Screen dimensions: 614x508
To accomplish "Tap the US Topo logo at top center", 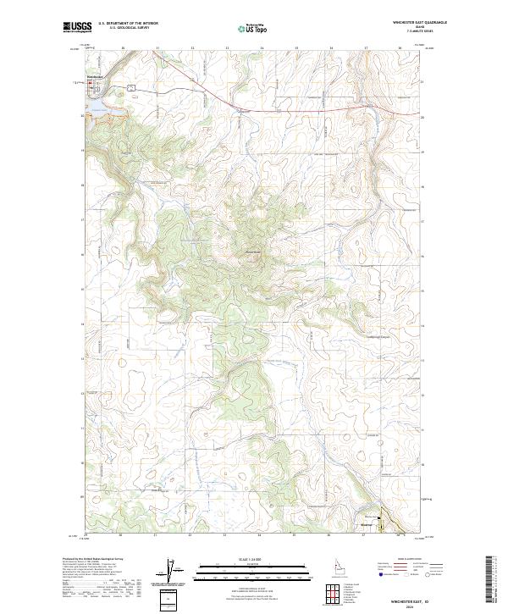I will pyautogui.click(x=254, y=28).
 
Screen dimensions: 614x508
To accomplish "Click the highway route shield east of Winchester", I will pyautogui.click(x=131, y=87).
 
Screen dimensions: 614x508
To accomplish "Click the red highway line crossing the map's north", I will pyautogui.click(x=254, y=108).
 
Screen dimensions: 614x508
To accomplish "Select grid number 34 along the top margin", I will pyautogui.click(x=261, y=48).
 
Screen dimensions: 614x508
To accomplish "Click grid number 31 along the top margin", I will pyautogui.click(x=157, y=48).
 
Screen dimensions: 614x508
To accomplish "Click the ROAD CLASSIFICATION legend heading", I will pyautogui.click(x=401, y=560).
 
